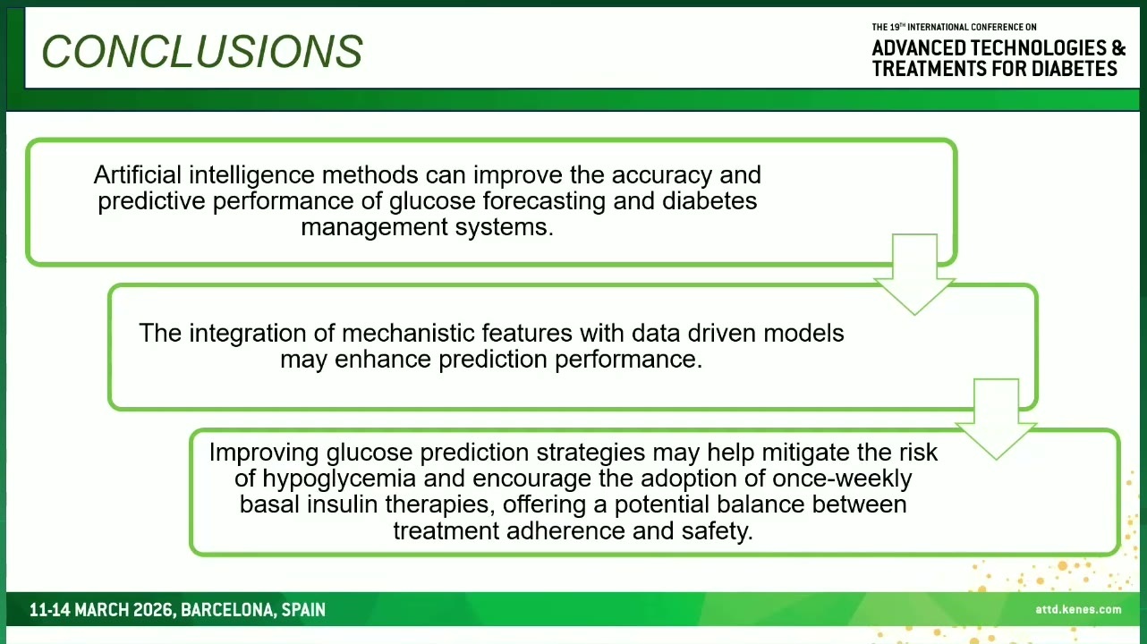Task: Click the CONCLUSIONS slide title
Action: pos(201,51)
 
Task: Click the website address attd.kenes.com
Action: pos(1078,609)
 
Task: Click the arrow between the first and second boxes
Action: pos(914,274)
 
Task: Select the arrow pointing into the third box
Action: pos(996,419)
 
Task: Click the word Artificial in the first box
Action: pos(137,175)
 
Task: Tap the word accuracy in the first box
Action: pos(661,176)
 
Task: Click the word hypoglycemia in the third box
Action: pos(339,479)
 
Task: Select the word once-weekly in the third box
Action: pos(842,479)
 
